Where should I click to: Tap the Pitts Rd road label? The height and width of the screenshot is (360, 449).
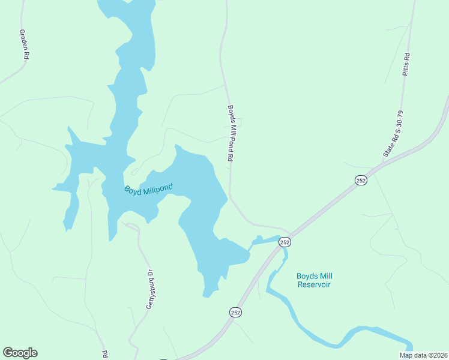(x=406, y=64)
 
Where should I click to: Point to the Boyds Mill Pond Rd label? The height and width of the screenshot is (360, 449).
(x=230, y=134)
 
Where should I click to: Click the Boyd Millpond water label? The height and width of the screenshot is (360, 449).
(x=148, y=189)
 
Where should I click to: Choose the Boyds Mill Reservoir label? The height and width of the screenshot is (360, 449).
(x=314, y=280)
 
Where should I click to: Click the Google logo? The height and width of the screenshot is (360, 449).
(x=20, y=353)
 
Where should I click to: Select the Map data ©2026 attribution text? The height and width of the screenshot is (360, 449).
(x=423, y=355)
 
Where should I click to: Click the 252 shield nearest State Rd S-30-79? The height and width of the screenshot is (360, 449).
(x=361, y=181)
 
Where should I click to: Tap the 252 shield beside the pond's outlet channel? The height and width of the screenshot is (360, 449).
(x=285, y=242)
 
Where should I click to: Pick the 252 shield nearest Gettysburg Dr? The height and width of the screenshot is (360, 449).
(x=235, y=312)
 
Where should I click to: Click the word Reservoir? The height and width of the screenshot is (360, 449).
(x=314, y=284)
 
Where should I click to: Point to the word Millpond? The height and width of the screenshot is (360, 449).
(x=157, y=188)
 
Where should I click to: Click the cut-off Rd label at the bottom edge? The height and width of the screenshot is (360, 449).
(x=105, y=354)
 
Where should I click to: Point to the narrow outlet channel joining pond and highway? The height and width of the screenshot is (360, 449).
(x=264, y=241)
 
